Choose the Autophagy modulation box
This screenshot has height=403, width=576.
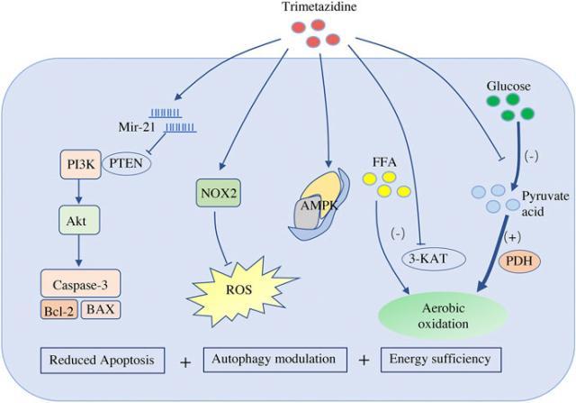274,359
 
